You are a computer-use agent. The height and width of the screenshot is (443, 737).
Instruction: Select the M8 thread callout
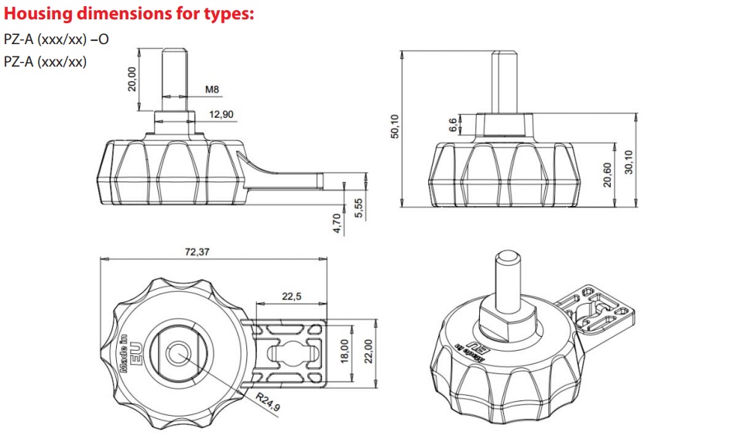coord(212,90)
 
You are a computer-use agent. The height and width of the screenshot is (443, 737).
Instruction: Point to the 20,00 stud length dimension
coord(132,79)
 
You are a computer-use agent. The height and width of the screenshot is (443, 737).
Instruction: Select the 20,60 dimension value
coord(608,173)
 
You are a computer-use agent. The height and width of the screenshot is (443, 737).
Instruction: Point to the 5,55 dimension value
coord(358,208)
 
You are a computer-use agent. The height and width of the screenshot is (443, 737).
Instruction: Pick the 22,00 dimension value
coord(368,350)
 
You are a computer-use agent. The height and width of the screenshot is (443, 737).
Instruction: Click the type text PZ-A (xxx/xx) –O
coord(57,37)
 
